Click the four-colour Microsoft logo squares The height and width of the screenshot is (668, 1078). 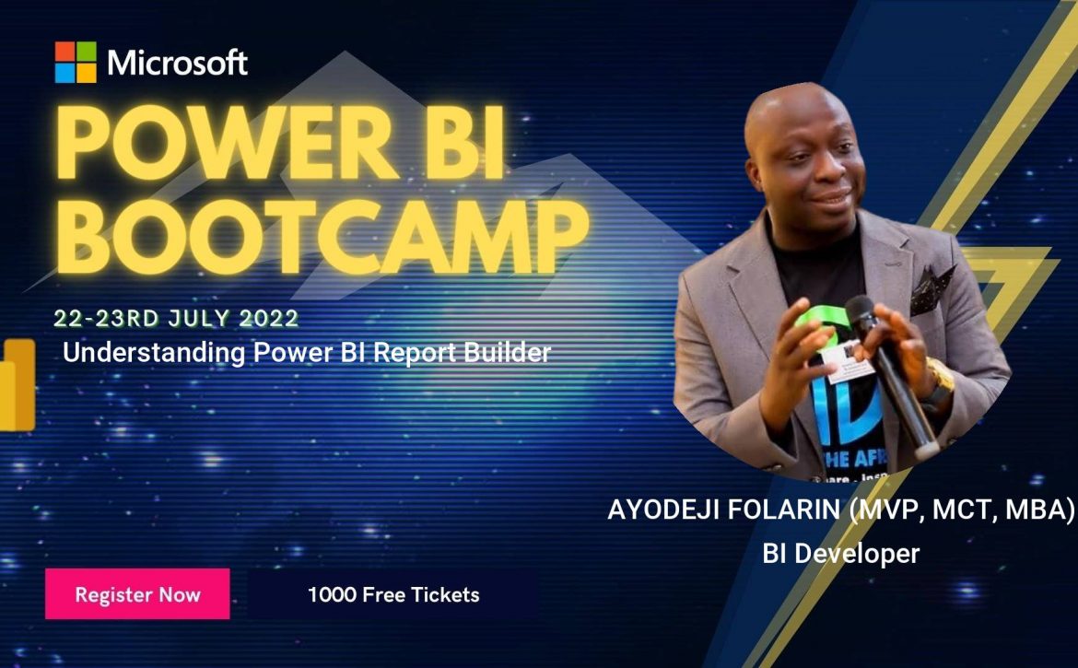click(x=76, y=62)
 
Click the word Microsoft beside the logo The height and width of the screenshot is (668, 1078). click(x=178, y=63)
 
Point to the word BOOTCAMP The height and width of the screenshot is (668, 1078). click(x=322, y=237)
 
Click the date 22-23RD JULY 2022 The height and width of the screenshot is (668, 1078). click(x=176, y=318)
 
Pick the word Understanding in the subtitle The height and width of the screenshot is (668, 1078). click(x=154, y=353)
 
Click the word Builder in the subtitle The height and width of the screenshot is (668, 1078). click(x=508, y=352)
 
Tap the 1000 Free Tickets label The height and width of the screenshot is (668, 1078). click(x=393, y=594)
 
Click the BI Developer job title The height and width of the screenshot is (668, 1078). click(x=841, y=553)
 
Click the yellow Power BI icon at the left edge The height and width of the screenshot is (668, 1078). click(x=18, y=385)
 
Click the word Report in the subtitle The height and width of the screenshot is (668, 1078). click(x=416, y=353)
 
